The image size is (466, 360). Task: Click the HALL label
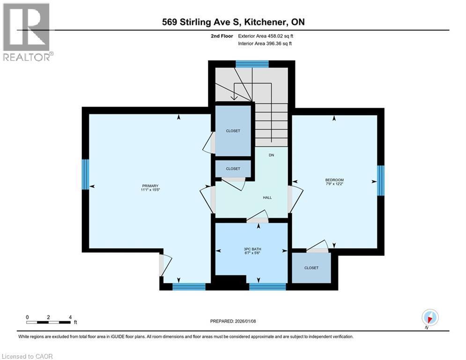coord(267,197)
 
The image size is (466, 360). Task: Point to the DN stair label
coord(271,155)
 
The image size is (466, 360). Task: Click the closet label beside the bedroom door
coord(311,268)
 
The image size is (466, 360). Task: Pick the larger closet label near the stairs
coord(233,131)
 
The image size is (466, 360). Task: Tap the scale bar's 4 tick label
coord(70,317)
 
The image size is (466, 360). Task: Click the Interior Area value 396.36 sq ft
coord(280,44)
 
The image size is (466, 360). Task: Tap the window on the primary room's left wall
coord(85,174)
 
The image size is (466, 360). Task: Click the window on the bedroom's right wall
coord(381,180)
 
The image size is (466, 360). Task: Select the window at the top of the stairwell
coord(252,64)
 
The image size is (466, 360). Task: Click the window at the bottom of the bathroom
coord(267,287)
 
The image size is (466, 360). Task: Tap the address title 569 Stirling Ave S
coord(206,22)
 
